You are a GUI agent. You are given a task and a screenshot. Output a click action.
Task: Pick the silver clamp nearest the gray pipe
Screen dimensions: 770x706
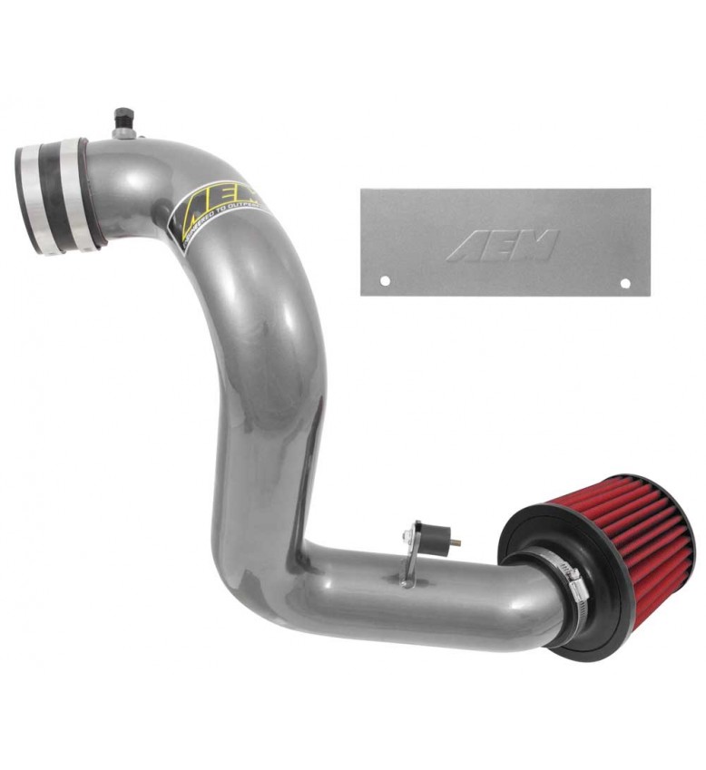[87, 192]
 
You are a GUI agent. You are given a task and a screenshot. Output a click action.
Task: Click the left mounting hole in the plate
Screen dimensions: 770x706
[384, 280]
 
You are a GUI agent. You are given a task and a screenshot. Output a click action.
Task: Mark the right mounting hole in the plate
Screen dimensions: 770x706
[624, 283]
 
